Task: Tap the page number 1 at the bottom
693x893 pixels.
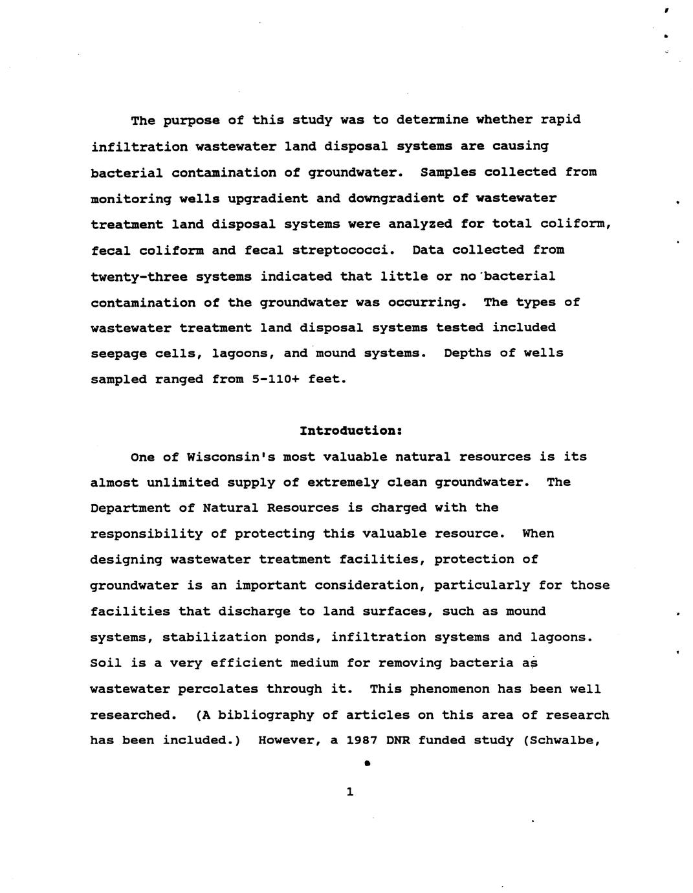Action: (x=350, y=791)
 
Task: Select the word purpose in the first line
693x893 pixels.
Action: (x=191, y=120)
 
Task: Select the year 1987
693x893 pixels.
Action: (x=362, y=740)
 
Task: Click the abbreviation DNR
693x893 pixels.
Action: (x=398, y=740)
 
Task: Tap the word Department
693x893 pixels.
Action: (x=130, y=508)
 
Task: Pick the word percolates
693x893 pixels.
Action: (x=222, y=689)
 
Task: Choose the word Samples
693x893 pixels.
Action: (x=447, y=172)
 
